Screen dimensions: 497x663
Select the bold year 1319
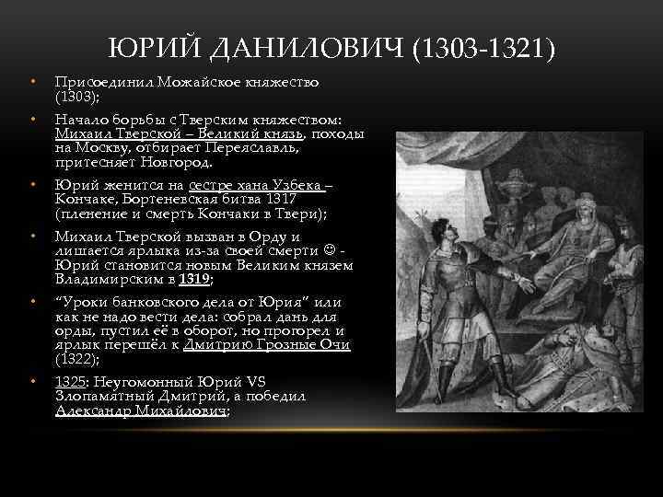coord(194,279)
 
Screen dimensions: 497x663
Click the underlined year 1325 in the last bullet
coord(69,383)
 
